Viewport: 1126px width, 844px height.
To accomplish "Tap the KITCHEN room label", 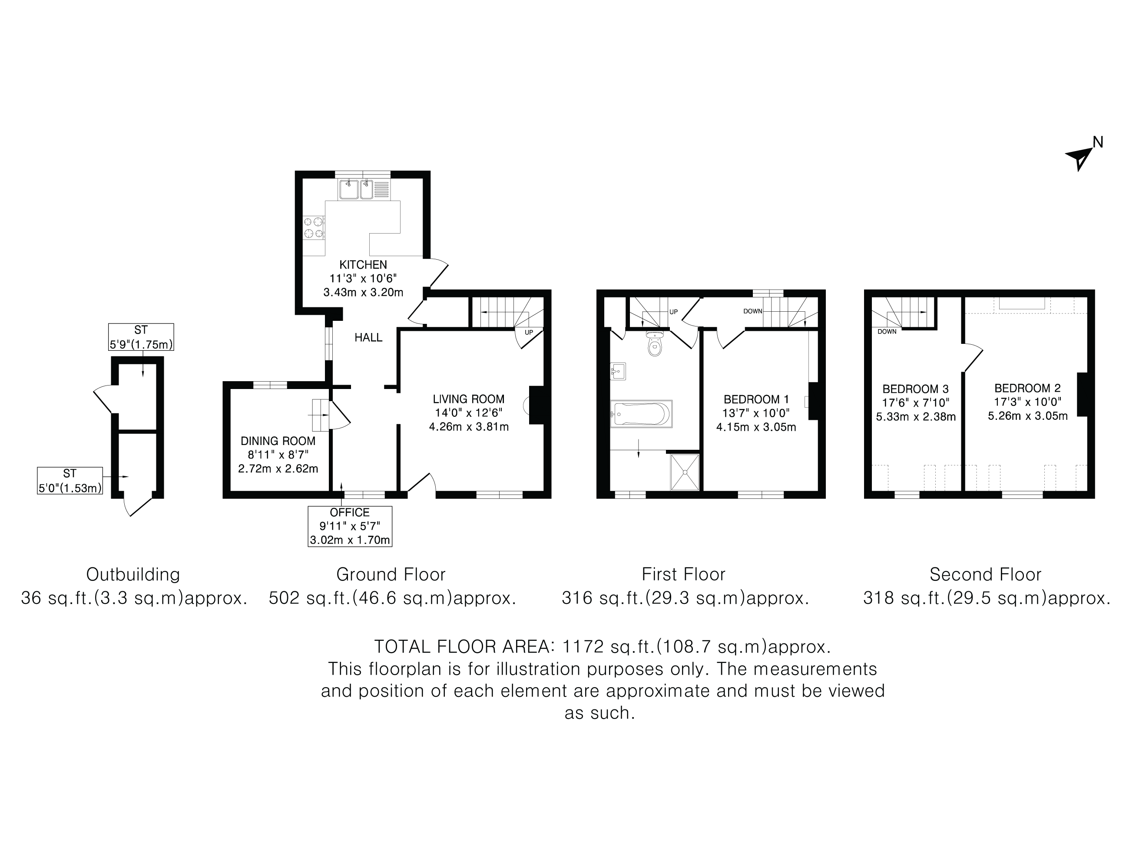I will pos(363,264).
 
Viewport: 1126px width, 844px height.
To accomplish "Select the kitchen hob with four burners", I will pos(314,227).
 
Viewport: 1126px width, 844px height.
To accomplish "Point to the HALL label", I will pos(368,337).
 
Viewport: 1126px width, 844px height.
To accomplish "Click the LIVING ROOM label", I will pos(468,399).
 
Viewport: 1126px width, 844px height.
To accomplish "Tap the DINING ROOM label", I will pos(278,441).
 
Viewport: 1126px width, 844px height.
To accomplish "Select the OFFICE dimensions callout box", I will pos(350,526).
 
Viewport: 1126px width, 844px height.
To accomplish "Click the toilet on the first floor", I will pos(655,344).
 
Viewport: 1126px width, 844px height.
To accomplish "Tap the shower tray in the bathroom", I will pos(685,472).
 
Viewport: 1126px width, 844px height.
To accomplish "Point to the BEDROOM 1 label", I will pos(756,399).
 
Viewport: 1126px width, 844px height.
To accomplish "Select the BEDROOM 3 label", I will pos(915,389).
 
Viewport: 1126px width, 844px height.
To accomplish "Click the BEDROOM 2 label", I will pos(1027,388).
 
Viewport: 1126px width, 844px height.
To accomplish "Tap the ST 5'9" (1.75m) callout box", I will pos(141,337).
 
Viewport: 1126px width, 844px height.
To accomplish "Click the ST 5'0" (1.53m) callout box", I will pos(70,481).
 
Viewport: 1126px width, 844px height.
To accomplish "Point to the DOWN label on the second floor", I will pos(887,332).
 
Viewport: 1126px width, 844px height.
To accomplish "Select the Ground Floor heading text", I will pos(391,574).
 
